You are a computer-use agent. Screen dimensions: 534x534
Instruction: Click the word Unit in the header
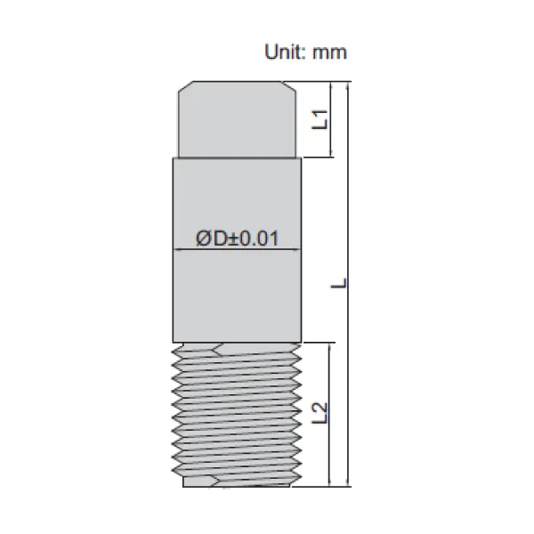(x=283, y=53)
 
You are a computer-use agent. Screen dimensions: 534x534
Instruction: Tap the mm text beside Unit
(x=329, y=53)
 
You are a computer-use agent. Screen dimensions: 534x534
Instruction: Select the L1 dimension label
(x=320, y=119)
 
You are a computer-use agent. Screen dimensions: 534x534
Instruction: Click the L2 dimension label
(x=320, y=413)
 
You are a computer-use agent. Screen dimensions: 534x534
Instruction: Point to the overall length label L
(x=338, y=283)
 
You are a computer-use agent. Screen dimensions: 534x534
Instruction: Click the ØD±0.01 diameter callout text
(x=237, y=238)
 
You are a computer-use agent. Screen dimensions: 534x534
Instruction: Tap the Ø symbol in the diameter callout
(x=204, y=238)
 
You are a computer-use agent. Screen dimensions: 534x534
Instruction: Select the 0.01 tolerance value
(x=259, y=238)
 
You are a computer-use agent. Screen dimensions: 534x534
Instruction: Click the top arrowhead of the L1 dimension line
(x=330, y=85)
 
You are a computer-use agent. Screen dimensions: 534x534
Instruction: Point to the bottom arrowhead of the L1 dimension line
(x=330, y=153)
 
